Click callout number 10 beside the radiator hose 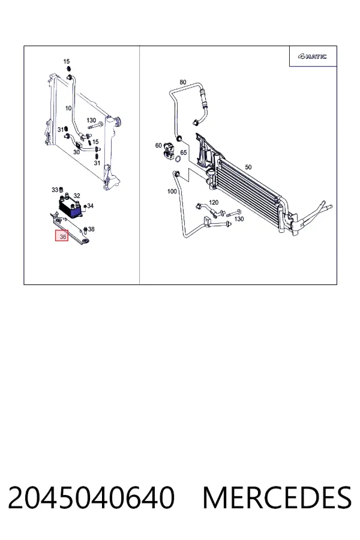click(68, 108)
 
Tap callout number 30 click(76, 152)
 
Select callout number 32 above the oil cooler click(76, 196)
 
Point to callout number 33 click(55, 190)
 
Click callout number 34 click(90, 206)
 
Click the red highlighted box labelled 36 click(62, 236)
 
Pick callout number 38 click(91, 229)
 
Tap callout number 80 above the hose click(183, 82)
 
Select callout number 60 click(158, 145)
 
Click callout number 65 click(183, 152)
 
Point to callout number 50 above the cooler click(248, 167)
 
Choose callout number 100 click(172, 191)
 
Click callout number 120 click(214, 202)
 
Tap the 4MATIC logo click(312, 56)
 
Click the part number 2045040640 click(91, 497)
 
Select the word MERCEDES click(277, 497)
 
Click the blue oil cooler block click(70, 208)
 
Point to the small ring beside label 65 click(178, 159)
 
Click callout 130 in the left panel click(91, 120)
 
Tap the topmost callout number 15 click(67, 62)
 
